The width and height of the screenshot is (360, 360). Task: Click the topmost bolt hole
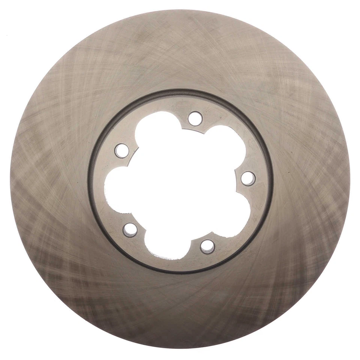click(x=195, y=118)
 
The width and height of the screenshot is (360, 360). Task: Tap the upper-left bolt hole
click(x=121, y=150)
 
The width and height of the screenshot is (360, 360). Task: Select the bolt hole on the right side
click(x=248, y=178)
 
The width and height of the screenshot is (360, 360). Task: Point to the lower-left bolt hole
click(x=130, y=229)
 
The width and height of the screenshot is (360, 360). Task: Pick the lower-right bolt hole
click(x=207, y=246)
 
